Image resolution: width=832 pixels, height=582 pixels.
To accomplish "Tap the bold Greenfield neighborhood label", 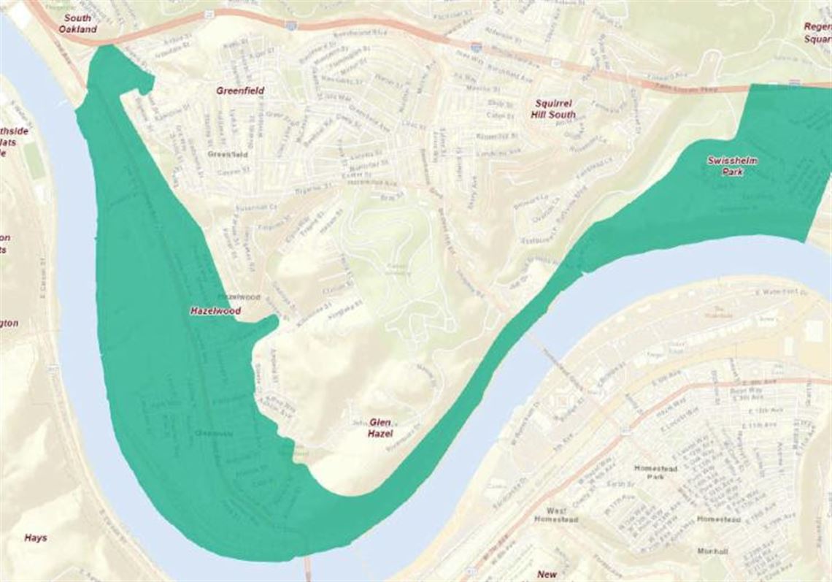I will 240,91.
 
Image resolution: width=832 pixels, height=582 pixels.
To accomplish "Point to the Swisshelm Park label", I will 728,165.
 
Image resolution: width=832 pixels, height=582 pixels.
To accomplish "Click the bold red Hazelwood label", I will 215,310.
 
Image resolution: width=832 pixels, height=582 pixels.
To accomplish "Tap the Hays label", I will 35,538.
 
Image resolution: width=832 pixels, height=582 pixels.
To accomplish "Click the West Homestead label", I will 562,516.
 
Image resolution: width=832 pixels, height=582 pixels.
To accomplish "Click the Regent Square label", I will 817,32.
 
